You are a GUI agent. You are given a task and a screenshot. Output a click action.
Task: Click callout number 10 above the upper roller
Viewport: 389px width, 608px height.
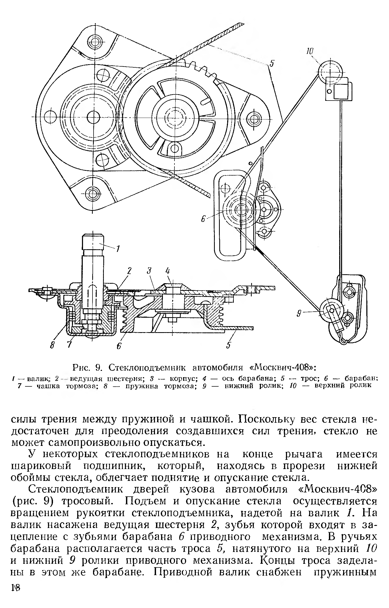(x=309, y=51)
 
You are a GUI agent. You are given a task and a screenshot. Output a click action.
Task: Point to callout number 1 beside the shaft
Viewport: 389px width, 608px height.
(x=118, y=248)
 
